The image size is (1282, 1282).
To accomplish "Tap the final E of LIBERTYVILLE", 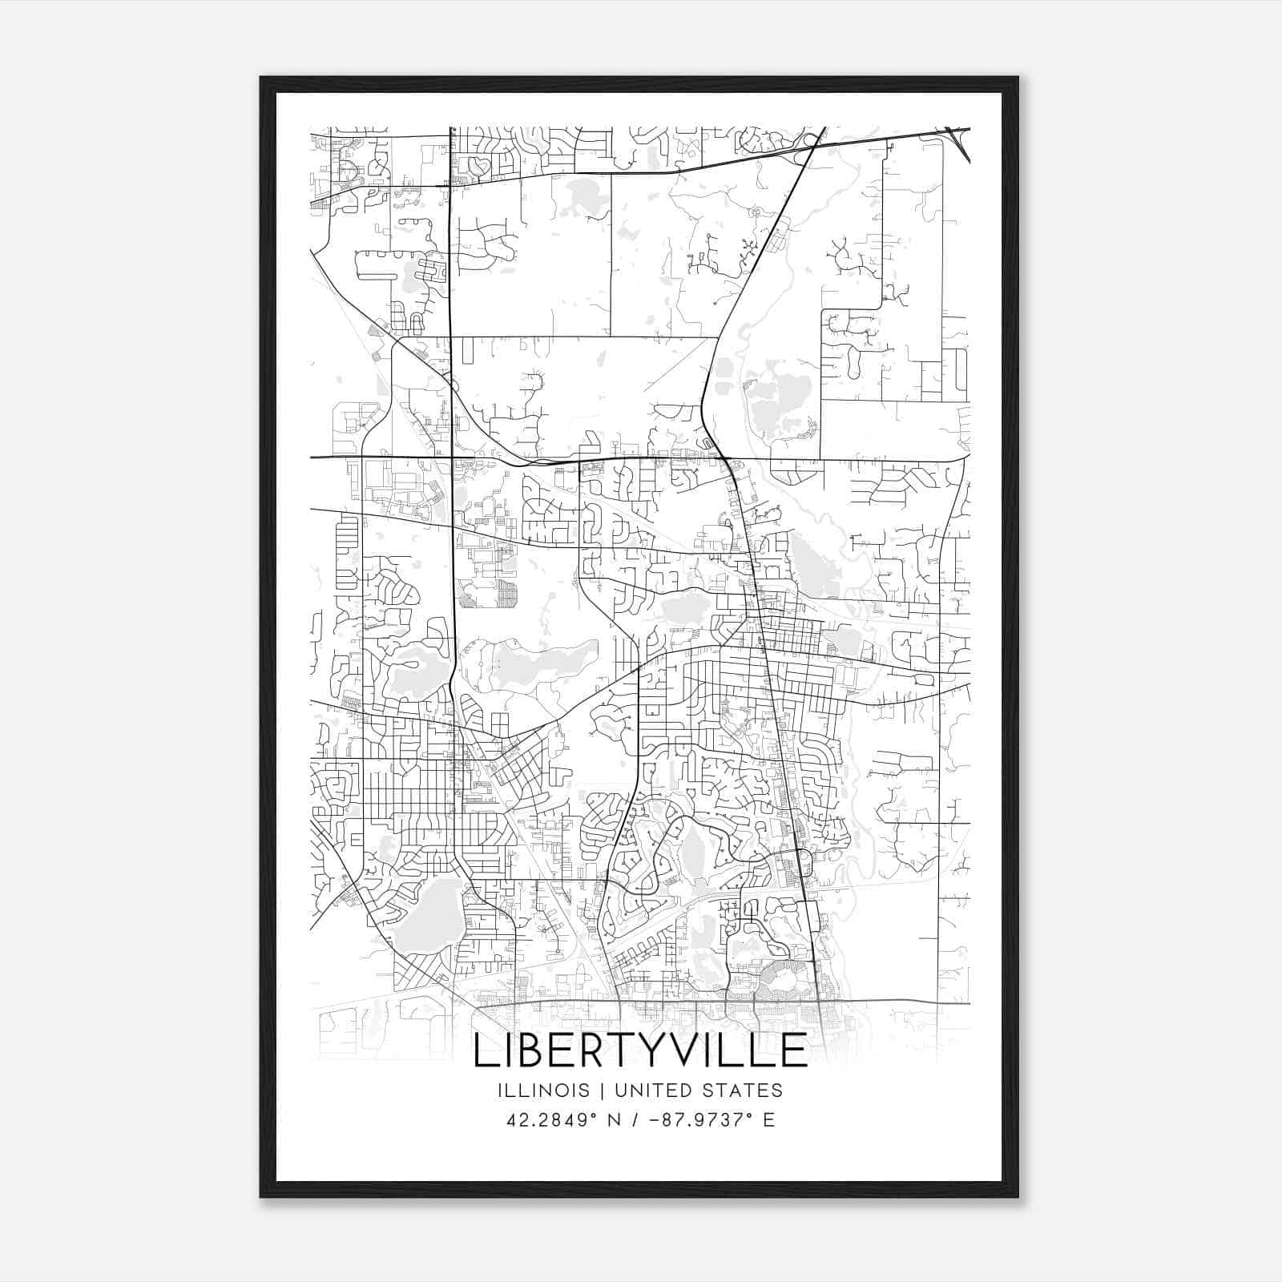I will (793, 1050).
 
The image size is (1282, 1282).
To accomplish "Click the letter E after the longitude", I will (769, 1119).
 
